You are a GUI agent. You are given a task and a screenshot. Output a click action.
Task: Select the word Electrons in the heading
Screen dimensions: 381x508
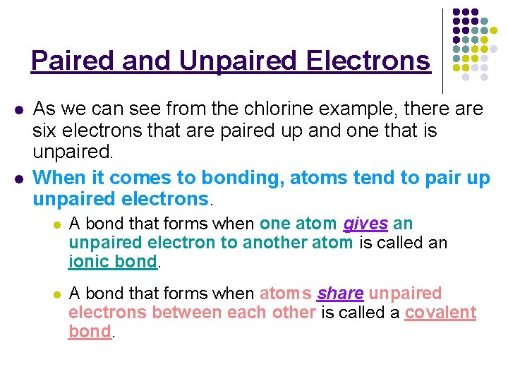(368, 61)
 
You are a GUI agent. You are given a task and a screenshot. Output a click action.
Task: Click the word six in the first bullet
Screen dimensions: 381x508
(44, 131)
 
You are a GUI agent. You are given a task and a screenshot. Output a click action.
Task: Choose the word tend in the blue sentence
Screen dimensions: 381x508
(356, 179)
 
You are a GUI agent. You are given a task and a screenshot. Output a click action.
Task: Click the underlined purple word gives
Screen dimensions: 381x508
(365, 224)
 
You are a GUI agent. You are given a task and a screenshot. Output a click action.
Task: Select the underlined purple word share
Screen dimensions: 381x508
(341, 294)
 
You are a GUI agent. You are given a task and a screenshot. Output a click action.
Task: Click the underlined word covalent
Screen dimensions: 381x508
(440, 313)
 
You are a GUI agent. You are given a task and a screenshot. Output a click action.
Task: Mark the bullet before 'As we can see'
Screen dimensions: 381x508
(19, 111)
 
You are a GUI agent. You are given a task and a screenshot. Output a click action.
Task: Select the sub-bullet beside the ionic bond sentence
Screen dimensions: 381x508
(56, 225)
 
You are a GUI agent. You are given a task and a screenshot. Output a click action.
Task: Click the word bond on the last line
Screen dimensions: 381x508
(90, 332)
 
